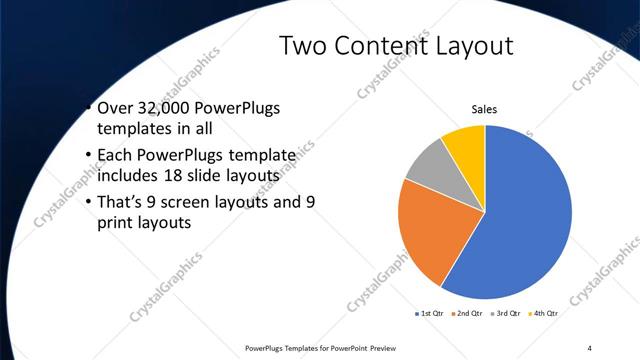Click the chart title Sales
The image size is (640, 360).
pyautogui.click(x=485, y=109)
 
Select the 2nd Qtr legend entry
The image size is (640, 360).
pyautogui.click(x=472, y=313)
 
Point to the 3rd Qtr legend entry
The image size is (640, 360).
pyautogui.click(x=507, y=313)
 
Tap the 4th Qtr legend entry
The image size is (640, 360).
pyautogui.click(x=544, y=313)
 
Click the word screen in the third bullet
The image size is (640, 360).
pyautogui.click(x=201, y=203)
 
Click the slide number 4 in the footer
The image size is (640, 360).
pyautogui.click(x=590, y=348)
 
